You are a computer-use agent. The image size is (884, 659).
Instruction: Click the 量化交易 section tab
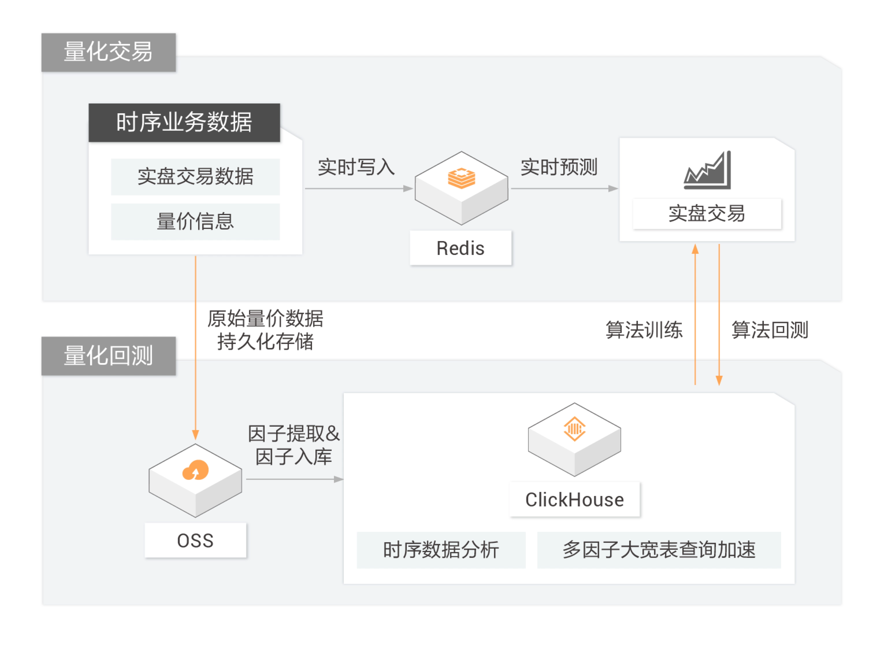108,52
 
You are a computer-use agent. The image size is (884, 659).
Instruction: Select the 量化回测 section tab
108,356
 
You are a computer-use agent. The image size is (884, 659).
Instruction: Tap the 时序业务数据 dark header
184,123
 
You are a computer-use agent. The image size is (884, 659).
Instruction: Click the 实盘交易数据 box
195,177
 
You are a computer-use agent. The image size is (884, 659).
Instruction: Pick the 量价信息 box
195,221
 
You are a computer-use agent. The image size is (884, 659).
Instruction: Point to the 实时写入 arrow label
356,167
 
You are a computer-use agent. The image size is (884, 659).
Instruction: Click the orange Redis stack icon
461,178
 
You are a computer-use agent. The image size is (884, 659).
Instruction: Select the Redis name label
460,248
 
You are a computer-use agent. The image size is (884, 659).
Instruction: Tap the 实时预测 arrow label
559,167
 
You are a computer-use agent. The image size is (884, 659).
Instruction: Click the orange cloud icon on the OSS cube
195,470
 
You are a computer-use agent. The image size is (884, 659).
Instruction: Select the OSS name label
195,540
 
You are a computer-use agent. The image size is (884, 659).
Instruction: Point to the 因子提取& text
294,434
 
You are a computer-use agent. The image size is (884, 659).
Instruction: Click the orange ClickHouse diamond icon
575,429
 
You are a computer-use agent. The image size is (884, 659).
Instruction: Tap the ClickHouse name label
575,500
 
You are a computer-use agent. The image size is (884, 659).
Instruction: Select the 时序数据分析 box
441,550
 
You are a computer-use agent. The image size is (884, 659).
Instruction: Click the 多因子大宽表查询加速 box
659,550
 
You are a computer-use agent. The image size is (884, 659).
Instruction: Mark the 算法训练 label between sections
644,330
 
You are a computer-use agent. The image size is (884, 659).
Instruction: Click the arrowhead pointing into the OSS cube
195,435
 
